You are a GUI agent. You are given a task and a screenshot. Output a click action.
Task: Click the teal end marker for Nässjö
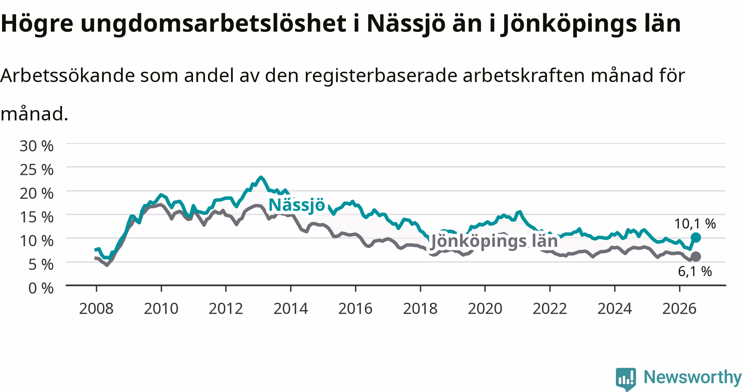[696, 237]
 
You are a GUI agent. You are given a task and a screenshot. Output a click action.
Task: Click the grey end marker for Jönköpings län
[696, 256]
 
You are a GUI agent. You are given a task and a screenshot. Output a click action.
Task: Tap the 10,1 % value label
[695, 224]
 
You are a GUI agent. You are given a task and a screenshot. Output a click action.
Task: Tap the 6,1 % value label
[695, 271]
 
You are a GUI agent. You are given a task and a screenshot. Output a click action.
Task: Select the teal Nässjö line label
[297, 205]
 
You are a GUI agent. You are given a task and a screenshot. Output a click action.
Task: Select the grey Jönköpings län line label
[494, 241]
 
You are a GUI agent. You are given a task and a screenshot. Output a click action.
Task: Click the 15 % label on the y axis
[36, 217]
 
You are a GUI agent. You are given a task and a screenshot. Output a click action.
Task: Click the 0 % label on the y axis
[41, 288]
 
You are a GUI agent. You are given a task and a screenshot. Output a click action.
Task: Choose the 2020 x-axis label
[485, 308]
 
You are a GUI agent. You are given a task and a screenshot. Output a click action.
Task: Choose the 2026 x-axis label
[680, 308]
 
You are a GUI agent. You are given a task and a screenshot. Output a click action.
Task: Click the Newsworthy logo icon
[626, 378]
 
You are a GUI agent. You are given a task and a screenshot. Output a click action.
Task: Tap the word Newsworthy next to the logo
[692, 377]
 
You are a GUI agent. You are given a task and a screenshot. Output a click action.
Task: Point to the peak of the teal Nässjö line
[260, 177]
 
